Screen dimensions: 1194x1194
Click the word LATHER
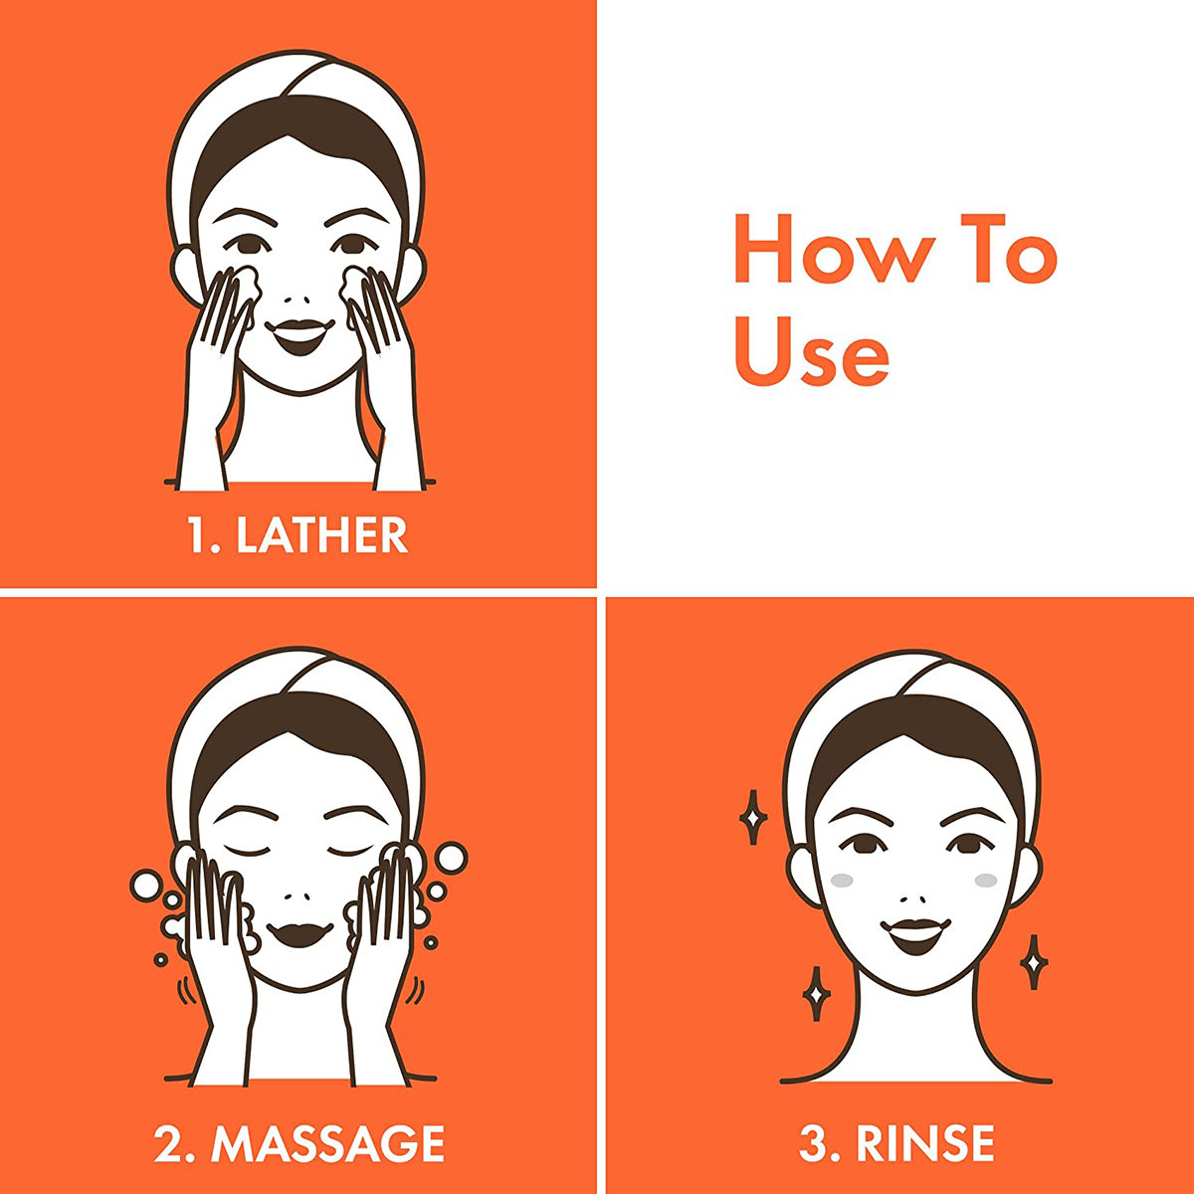[322, 535]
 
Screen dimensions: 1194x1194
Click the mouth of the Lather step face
[299, 336]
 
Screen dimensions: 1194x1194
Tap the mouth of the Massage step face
[300, 934]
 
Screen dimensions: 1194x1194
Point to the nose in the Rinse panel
[915, 899]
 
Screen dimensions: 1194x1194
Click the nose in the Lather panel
[299, 299]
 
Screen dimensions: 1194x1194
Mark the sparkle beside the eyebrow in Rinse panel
[753, 817]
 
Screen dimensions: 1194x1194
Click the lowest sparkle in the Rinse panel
[817, 994]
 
